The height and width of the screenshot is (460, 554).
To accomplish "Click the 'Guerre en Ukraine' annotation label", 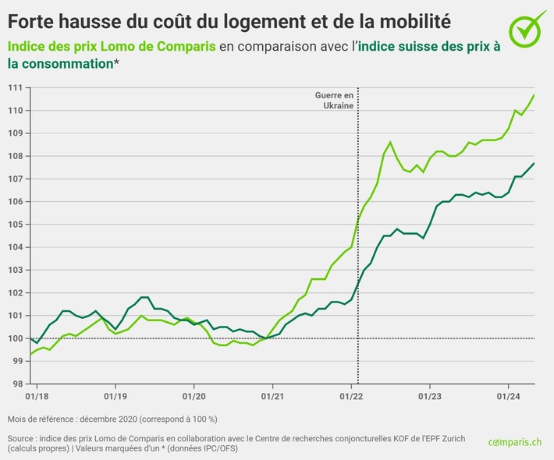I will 334,100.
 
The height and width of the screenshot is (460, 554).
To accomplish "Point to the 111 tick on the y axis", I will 15,87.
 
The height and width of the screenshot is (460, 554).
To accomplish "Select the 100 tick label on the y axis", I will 15,338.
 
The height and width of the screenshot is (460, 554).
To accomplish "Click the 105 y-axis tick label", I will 15,225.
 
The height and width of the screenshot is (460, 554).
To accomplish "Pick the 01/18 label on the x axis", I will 37,395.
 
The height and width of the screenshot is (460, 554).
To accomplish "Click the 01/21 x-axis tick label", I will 272,395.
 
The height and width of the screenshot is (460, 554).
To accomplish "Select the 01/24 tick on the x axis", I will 509,395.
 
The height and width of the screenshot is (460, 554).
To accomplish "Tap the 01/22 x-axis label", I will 351,395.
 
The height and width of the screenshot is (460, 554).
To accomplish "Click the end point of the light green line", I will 534,95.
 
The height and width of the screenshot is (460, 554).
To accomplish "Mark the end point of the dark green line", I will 534,163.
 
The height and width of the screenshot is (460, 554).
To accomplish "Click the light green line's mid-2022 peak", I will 390,142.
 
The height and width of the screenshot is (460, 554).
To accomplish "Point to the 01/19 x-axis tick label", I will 115,395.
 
